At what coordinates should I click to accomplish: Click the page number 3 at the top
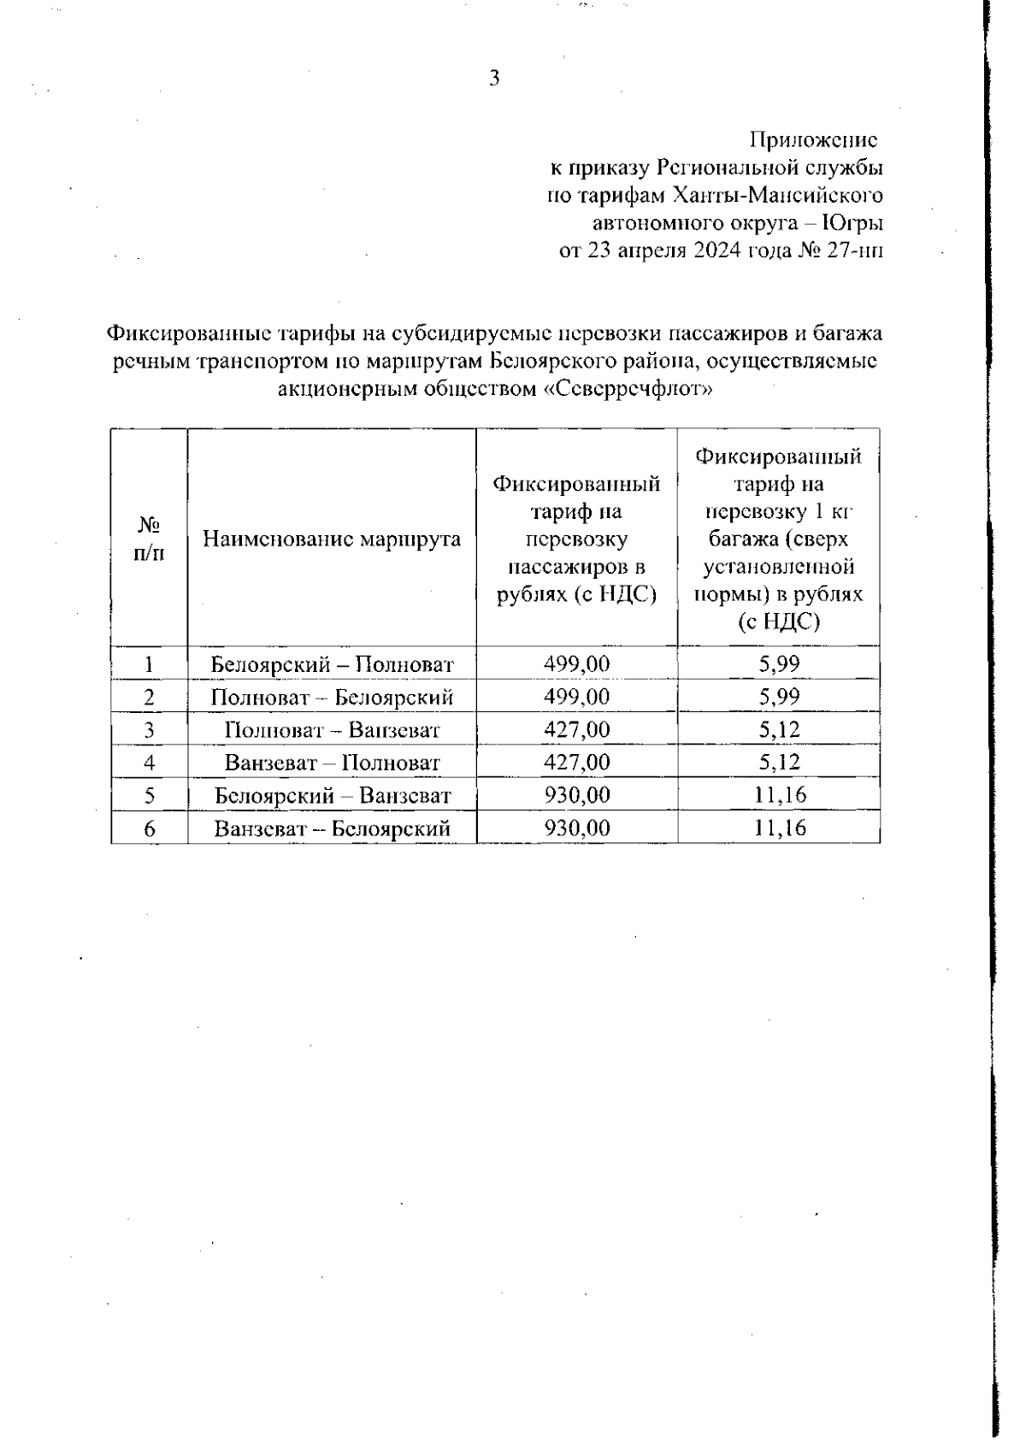click(493, 79)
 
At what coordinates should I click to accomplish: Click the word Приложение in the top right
click(813, 139)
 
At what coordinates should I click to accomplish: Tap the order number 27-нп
click(856, 251)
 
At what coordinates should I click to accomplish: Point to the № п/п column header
click(149, 539)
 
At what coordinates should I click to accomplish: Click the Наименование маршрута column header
click(332, 539)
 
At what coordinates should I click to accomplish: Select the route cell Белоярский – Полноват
click(332, 664)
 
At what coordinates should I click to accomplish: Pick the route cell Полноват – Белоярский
click(332, 697)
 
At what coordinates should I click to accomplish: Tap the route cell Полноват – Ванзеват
click(332, 730)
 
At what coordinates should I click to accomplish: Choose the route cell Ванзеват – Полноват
click(332, 763)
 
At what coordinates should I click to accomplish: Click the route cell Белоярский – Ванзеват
click(332, 796)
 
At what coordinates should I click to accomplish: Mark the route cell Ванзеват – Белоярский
click(332, 828)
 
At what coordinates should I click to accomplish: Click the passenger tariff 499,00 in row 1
click(577, 664)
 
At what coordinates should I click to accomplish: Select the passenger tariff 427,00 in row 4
click(577, 763)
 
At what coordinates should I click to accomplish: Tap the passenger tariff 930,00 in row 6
click(577, 828)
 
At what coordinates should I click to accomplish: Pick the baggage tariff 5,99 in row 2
click(779, 697)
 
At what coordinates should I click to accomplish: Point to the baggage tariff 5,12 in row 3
click(779, 730)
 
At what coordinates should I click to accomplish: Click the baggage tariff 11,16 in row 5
click(779, 796)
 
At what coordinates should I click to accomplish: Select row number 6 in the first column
click(149, 828)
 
